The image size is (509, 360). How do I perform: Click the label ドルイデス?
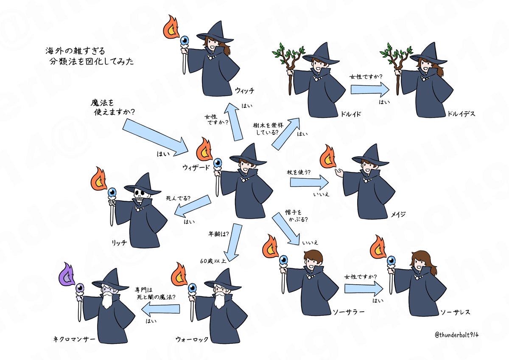(461, 114)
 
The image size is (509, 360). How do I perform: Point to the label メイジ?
(399, 214)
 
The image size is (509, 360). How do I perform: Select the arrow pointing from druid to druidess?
(370, 90)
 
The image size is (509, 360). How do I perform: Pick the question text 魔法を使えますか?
(115, 108)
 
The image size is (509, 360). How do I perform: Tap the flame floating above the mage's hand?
(328, 156)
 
